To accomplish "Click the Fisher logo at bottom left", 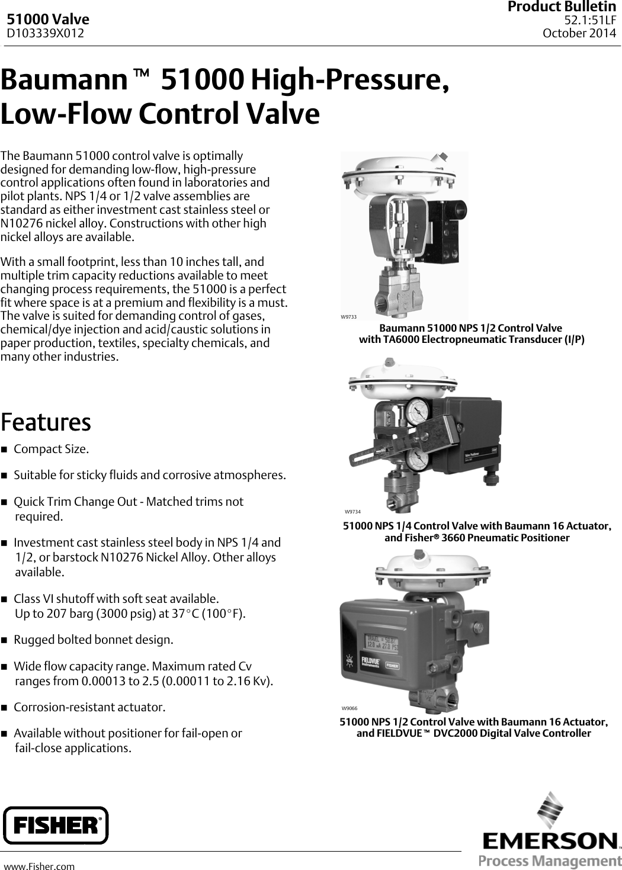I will pos(56,824).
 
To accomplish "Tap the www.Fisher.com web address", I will pos(40,866).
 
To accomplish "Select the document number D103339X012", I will pos(45,33).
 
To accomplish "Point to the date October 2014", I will pos(579,33).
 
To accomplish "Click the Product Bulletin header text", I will pos(562,7).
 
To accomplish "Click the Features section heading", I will pos(46,422).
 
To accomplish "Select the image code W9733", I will pos(348,317).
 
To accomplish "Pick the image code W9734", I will pos(352,511).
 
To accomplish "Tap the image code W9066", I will pos(349,708).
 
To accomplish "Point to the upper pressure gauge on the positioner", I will pos(417,410).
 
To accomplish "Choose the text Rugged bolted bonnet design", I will pos(94,640).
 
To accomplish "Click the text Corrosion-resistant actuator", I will pos(89,707).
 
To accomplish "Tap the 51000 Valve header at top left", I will pos(48,20).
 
